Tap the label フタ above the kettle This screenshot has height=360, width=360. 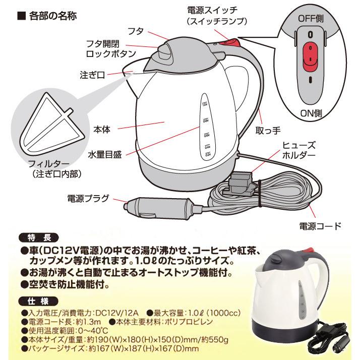click(x=149, y=31)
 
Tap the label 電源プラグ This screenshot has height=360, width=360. click(x=89, y=198)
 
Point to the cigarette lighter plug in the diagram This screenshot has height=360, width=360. click(x=154, y=206)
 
